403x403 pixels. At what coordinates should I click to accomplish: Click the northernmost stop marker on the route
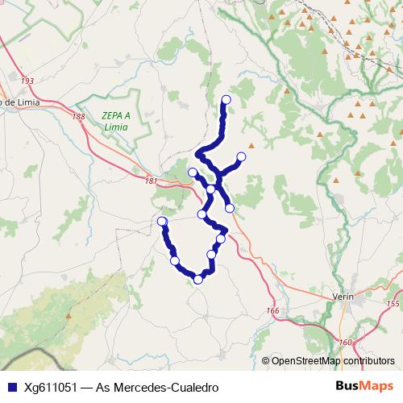point(226,100)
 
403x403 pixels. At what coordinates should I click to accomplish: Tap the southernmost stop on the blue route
point(198,280)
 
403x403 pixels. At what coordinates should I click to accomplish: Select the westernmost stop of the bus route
point(162,222)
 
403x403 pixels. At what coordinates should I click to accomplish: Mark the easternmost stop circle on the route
point(240,156)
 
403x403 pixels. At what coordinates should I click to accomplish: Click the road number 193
point(28,81)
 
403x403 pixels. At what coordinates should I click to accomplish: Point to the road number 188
point(78,117)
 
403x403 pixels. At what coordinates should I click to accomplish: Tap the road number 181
point(152,181)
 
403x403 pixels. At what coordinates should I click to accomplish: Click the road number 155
point(393,304)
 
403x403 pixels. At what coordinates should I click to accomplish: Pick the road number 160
point(346,343)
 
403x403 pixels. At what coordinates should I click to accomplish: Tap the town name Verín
point(343,297)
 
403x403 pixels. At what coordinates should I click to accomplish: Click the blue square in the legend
point(12,388)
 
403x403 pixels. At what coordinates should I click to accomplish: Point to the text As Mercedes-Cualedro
point(157,388)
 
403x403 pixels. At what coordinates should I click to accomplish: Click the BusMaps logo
point(365,387)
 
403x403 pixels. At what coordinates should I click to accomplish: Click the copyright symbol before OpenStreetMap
point(265,361)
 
